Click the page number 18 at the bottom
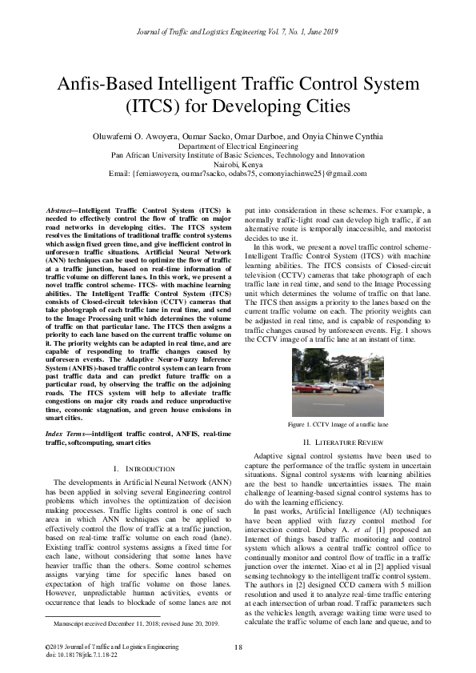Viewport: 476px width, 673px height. pyautogui.click(x=238, y=647)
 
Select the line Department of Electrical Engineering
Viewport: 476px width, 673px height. pyautogui.click(x=238, y=147)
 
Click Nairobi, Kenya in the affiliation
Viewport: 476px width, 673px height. pyautogui.click(x=238, y=165)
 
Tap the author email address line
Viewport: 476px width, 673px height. pyautogui.click(x=238, y=174)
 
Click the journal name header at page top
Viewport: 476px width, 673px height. pyautogui.click(x=238, y=30)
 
